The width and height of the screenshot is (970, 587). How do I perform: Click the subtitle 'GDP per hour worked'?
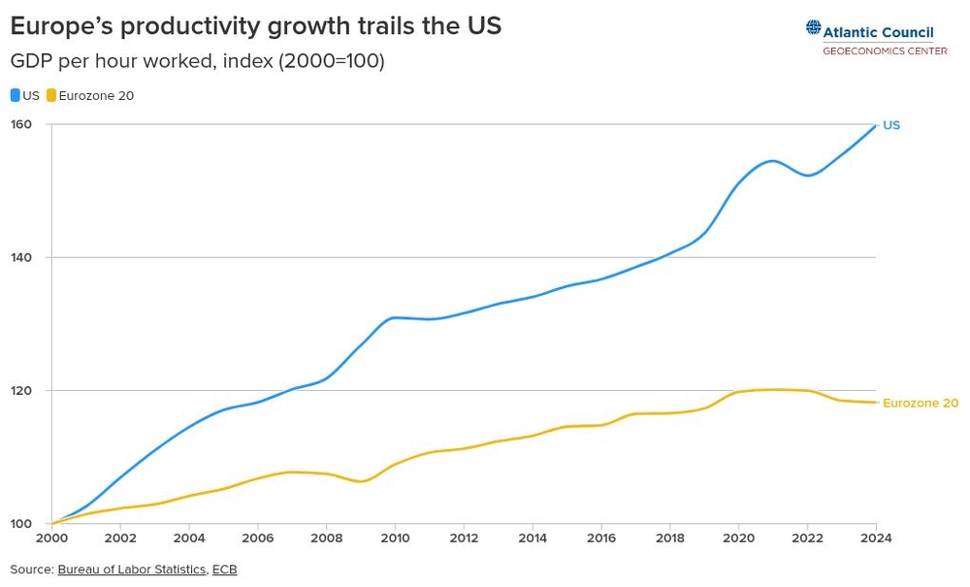click(197, 61)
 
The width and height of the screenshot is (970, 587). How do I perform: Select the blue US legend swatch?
click(15, 96)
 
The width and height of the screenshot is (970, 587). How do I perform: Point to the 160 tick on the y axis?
click(21, 124)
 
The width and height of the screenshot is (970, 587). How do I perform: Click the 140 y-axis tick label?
click(21, 257)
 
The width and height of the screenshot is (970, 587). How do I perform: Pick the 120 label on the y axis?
click(21, 390)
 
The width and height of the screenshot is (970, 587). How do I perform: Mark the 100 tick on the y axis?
click(21, 524)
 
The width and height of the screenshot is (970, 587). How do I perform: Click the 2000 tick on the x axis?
click(51, 538)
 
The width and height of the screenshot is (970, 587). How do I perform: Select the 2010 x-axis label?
click(395, 538)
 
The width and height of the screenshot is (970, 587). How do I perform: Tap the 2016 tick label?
click(601, 538)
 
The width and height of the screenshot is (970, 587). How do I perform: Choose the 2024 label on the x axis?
click(876, 538)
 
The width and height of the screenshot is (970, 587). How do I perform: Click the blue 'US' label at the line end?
click(891, 125)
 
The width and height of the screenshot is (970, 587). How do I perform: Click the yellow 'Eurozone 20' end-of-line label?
click(920, 403)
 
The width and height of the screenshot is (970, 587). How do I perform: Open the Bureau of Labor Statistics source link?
click(131, 570)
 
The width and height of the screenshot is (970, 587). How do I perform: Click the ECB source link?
click(224, 570)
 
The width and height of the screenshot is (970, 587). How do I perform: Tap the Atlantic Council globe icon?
click(813, 28)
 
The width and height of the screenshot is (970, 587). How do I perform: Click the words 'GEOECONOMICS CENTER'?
click(885, 50)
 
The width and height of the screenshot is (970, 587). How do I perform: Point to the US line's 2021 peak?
click(772, 161)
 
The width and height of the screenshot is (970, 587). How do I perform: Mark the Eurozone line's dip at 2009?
click(360, 481)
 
